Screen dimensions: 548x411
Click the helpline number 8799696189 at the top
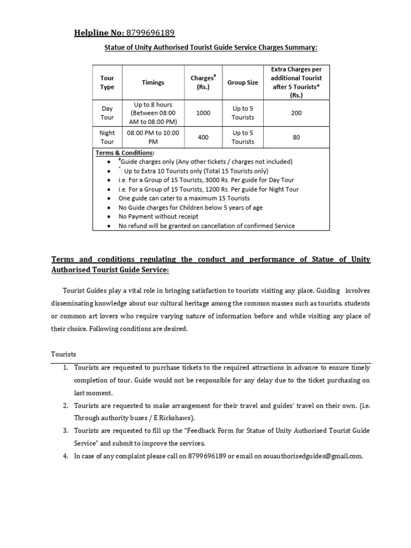coord(150,33)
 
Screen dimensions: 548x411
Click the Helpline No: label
coord(99,33)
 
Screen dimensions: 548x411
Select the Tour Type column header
coord(108,82)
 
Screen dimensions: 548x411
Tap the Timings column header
coord(153,82)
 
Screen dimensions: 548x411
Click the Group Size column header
coord(242,82)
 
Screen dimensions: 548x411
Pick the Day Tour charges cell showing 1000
coord(203,113)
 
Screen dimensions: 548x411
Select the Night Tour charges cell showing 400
coord(203,138)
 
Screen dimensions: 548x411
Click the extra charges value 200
coord(296,113)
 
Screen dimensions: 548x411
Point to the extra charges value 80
coord(296,138)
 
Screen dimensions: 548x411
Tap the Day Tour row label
coord(108,113)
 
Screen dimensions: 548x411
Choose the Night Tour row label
coord(108,138)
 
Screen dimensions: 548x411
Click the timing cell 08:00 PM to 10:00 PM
coord(153,138)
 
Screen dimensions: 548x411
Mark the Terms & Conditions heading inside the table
coord(125,153)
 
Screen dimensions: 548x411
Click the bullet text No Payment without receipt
coord(158,216)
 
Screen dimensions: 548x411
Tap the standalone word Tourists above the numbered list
coord(64,354)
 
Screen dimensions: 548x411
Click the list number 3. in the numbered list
coord(65,430)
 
